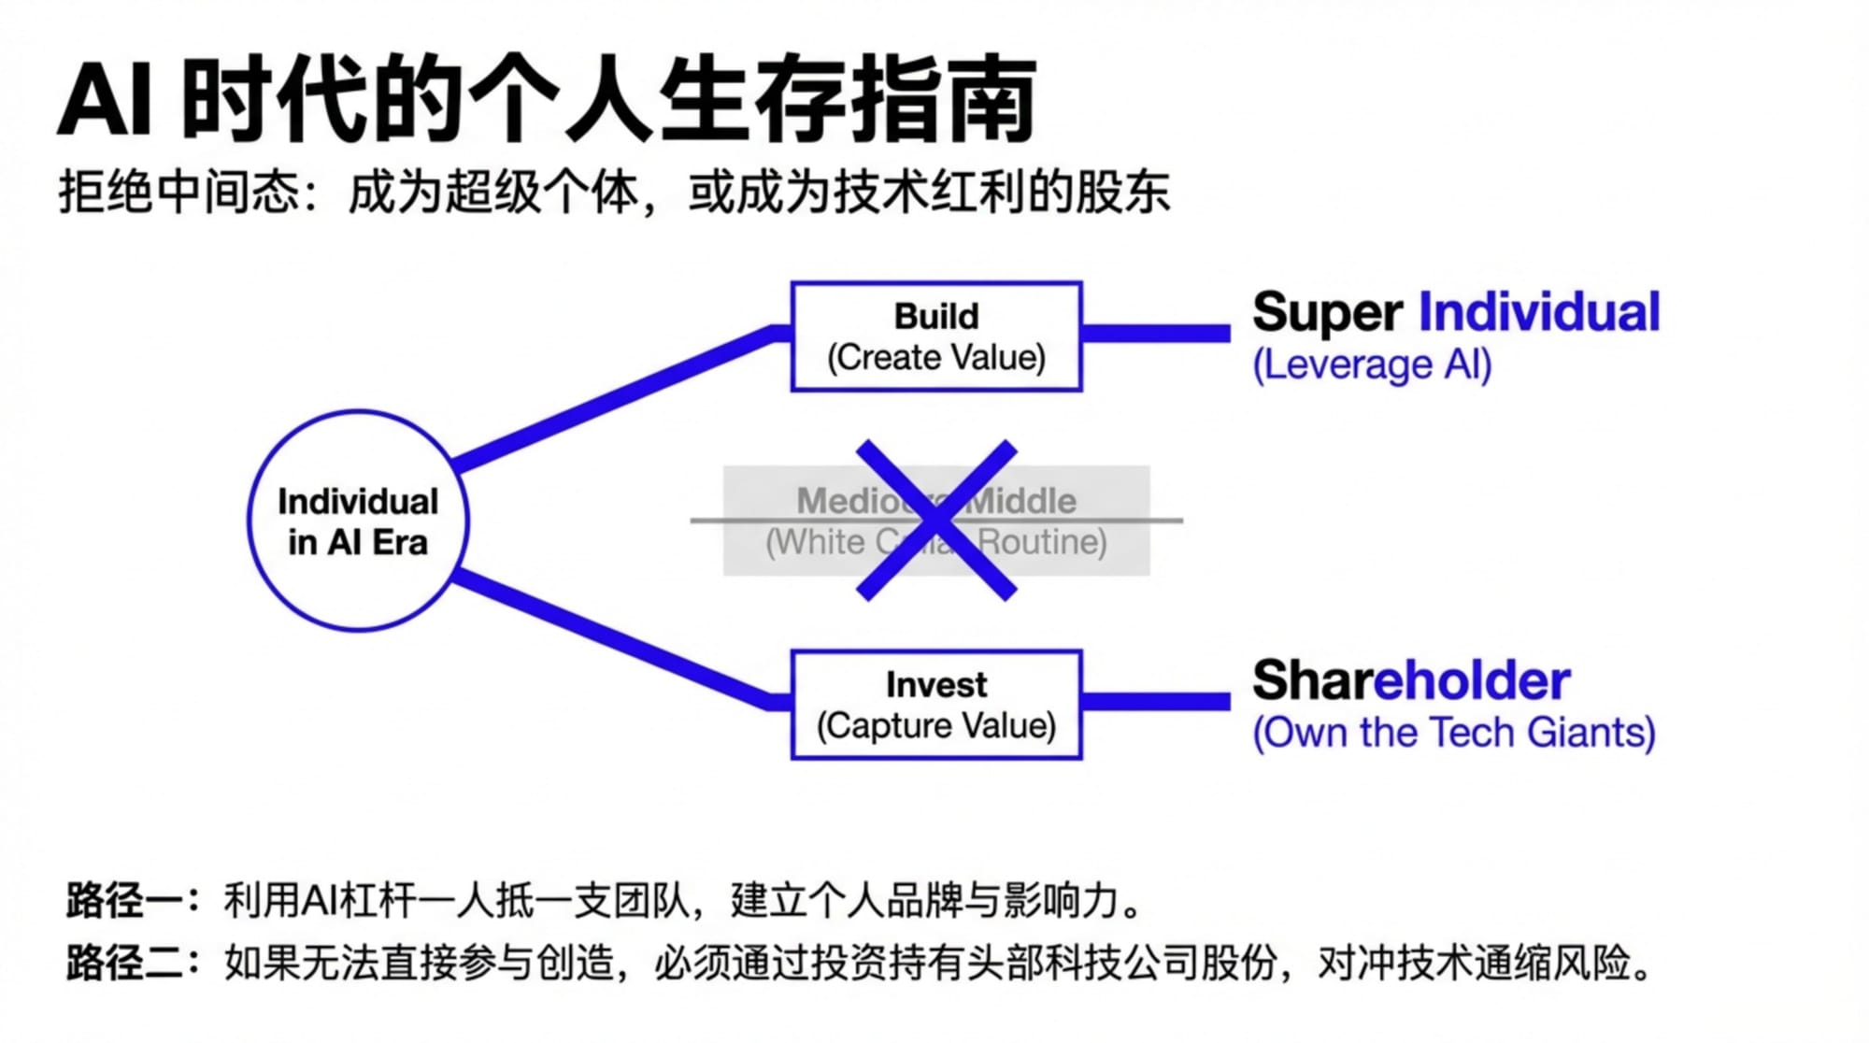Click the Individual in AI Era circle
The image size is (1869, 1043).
(x=358, y=521)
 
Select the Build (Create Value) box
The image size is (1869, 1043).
(x=935, y=336)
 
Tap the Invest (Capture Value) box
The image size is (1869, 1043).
(x=935, y=705)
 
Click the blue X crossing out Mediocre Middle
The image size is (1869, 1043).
(x=935, y=521)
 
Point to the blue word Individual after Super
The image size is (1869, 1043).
(x=1538, y=312)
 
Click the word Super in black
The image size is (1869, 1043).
(x=1327, y=312)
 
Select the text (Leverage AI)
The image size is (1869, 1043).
(x=1371, y=364)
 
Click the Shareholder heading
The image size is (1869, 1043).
(x=1411, y=680)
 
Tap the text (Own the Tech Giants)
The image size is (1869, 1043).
(x=1453, y=733)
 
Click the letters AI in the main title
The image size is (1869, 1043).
(x=105, y=101)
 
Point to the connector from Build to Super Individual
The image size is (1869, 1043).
(x=1156, y=334)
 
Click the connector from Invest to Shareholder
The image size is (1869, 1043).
(x=1156, y=702)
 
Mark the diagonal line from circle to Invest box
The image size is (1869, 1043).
(x=617, y=641)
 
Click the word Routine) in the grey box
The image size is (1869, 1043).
(x=1042, y=542)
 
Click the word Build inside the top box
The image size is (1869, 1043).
(x=935, y=317)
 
